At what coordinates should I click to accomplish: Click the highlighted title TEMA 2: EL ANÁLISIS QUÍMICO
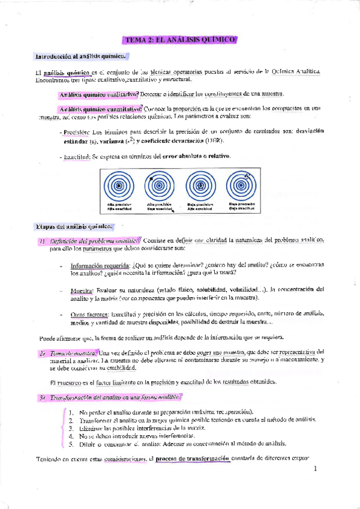click(x=180, y=40)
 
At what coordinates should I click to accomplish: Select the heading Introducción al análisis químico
click(x=80, y=56)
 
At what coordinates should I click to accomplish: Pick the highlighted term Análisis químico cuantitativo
click(x=100, y=108)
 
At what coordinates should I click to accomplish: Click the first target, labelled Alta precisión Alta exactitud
click(x=119, y=185)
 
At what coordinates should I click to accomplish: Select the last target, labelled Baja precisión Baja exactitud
click(x=242, y=185)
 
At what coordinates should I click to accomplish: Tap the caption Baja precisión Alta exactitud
click(x=200, y=207)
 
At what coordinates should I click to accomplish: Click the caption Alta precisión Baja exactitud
click(x=160, y=207)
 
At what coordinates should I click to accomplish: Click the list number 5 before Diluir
click(x=71, y=444)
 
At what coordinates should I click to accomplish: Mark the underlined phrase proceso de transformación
click(x=192, y=459)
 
